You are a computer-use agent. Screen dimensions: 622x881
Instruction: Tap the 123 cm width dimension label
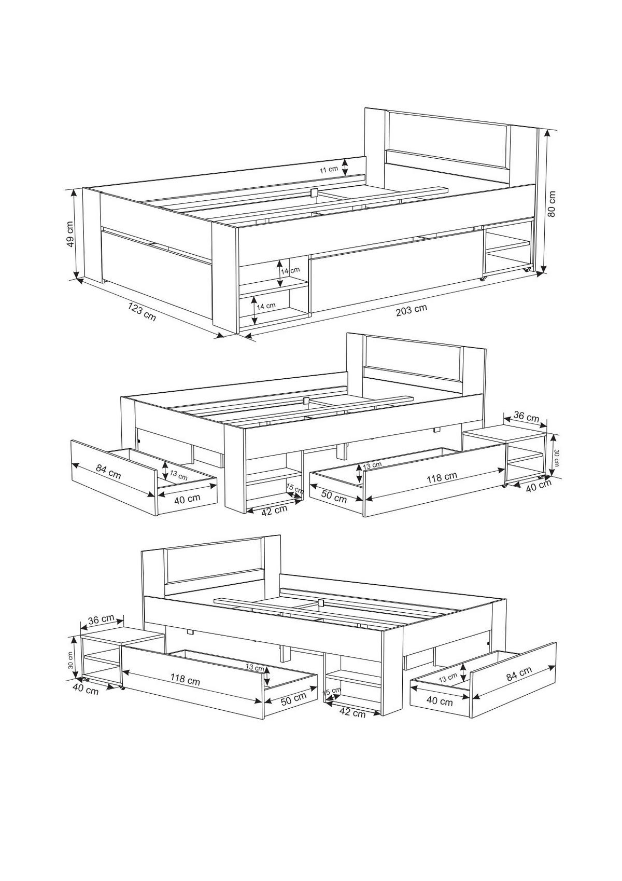pyautogui.click(x=142, y=311)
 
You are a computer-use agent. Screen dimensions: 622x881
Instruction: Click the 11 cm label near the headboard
pyautogui.click(x=328, y=170)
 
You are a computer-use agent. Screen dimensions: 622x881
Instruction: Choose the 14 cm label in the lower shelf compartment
pyautogui.click(x=266, y=306)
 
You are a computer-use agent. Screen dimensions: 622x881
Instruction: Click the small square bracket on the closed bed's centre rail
pyautogui.click(x=314, y=192)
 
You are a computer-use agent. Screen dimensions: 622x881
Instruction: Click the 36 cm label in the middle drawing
pyautogui.click(x=527, y=417)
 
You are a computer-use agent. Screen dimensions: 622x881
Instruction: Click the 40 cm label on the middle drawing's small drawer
pyautogui.click(x=187, y=498)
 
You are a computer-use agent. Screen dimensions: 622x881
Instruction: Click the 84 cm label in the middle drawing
pyautogui.click(x=108, y=472)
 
